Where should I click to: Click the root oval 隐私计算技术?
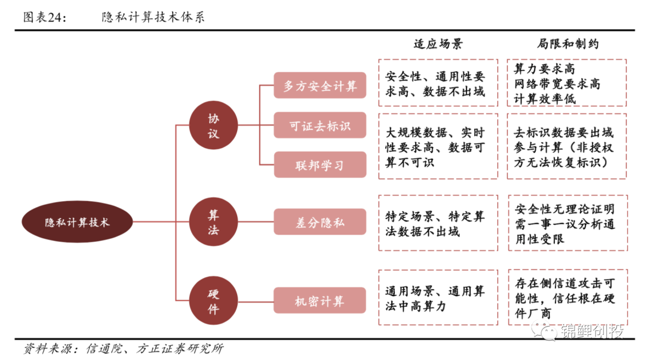point(77,222)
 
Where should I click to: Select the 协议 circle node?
point(213,126)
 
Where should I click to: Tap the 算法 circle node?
point(213,222)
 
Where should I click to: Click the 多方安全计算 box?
point(320,86)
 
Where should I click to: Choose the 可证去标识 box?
point(320,126)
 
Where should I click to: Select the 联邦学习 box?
point(320,165)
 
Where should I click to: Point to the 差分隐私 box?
point(320,222)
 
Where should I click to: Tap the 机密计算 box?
point(320,301)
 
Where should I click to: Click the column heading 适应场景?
point(438,44)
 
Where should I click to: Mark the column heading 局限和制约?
point(567,44)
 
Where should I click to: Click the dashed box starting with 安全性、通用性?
point(438,83)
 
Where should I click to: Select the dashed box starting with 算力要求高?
point(567,83)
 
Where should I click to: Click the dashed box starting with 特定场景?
point(438,222)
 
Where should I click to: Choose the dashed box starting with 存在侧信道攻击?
point(567,297)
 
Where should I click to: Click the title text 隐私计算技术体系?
point(153,17)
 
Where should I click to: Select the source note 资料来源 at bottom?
point(122,348)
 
